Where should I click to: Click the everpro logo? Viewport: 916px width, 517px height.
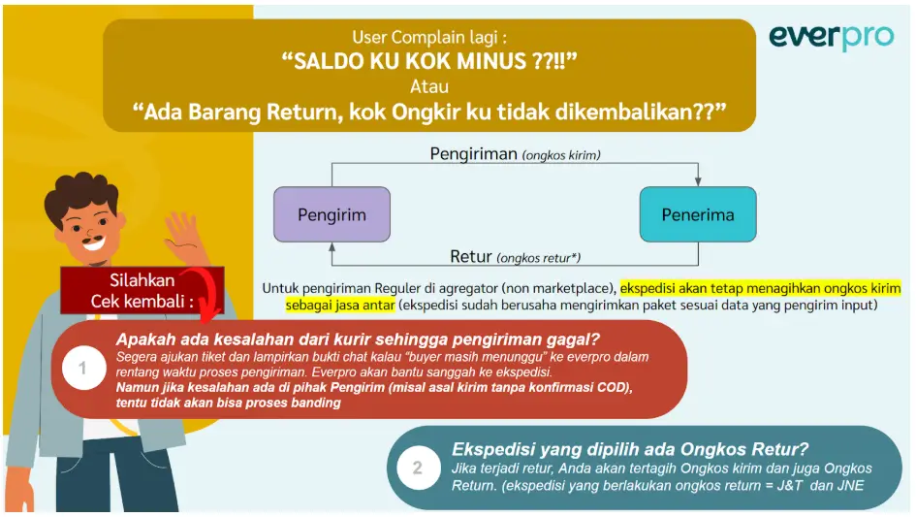click(831, 38)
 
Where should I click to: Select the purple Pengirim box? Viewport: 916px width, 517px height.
click(332, 214)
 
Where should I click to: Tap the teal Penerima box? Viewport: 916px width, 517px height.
click(698, 214)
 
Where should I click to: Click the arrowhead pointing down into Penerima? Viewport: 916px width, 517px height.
click(698, 182)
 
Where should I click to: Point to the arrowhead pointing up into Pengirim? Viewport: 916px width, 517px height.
click(332, 246)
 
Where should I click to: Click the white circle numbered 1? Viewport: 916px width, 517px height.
click(83, 368)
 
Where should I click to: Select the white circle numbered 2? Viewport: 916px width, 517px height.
click(419, 468)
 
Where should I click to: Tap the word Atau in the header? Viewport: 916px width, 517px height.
click(429, 86)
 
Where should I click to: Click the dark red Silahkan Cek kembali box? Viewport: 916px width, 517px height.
click(142, 290)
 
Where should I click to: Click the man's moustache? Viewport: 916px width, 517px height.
click(92, 239)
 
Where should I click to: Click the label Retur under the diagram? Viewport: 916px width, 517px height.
click(471, 257)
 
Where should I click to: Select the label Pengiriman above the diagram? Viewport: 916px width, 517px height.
click(474, 154)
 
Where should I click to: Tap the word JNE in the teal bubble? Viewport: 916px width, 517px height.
click(850, 485)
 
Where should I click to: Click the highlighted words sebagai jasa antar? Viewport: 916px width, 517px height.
click(340, 305)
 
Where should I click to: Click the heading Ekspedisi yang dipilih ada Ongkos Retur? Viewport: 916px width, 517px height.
click(630, 449)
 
